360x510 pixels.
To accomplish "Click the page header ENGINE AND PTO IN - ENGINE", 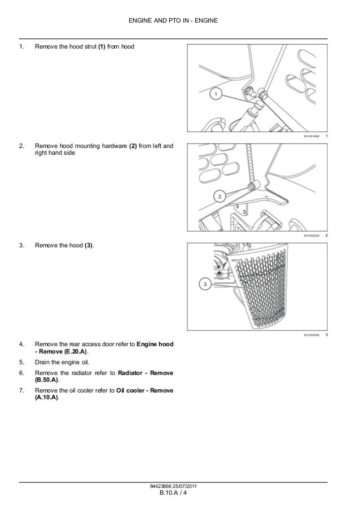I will pyautogui.click(x=179, y=21).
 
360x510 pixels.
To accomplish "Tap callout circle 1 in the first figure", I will pyautogui.click(x=217, y=94).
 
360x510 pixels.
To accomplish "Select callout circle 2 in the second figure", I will pyautogui.click(x=218, y=196).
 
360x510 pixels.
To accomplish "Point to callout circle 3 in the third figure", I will pyautogui.click(x=205, y=285).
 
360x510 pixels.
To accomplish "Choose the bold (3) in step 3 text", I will pyautogui.click(x=89, y=246).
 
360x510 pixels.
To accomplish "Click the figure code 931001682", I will pyautogui.click(x=311, y=138).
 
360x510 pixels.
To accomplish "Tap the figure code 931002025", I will pyautogui.click(x=311, y=235).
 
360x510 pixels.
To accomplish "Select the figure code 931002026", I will pyautogui.click(x=311, y=335).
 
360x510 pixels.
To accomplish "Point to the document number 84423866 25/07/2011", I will pyautogui.click(x=180, y=487).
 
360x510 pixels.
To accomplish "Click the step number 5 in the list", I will pyautogui.click(x=21, y=361).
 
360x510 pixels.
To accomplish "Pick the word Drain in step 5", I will pyautogui.click(x=42, y=361).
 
